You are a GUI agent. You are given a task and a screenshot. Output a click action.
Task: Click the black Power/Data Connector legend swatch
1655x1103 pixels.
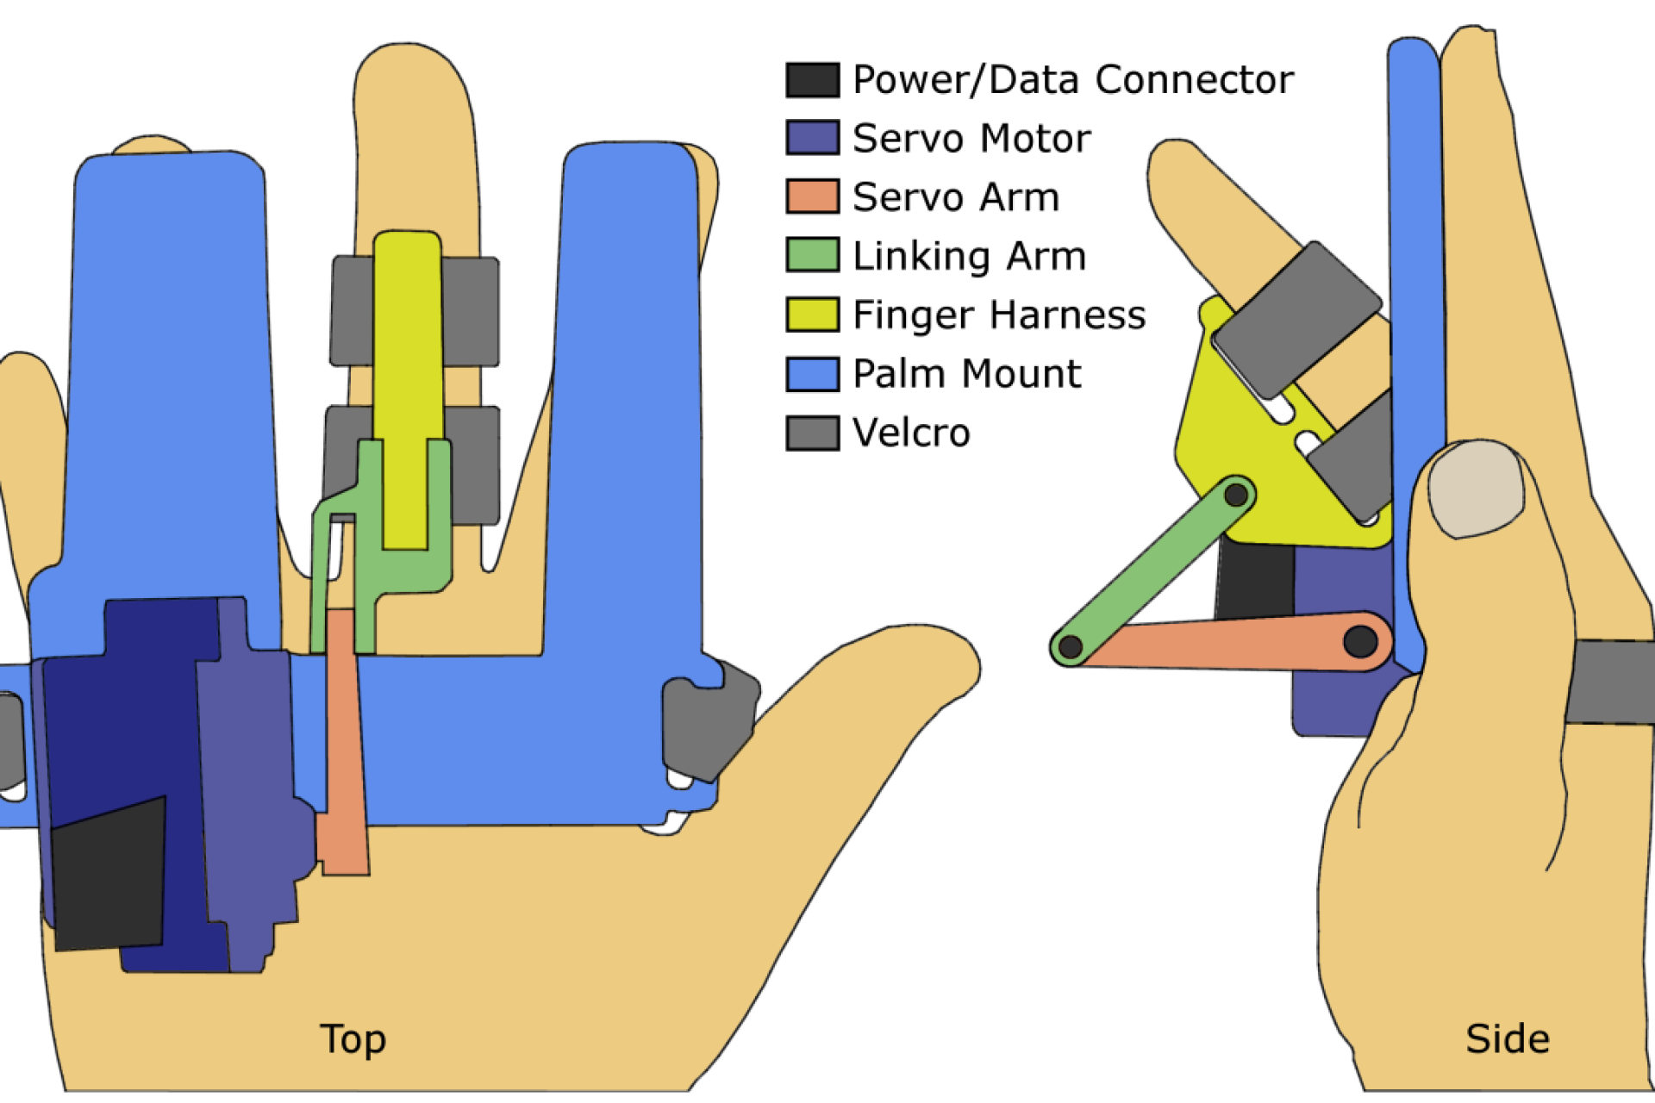(812, 80)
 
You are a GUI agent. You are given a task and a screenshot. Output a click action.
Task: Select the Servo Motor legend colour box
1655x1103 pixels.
(812, 138)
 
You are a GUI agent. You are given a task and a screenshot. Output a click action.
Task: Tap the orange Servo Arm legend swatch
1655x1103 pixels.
(812, 196)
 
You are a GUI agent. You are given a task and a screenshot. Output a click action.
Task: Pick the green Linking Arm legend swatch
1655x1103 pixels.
(812, 255)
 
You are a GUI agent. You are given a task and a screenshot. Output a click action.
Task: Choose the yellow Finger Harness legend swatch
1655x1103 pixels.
(812, 315)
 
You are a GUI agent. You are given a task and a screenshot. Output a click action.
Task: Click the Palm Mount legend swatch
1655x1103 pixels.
(812, 374)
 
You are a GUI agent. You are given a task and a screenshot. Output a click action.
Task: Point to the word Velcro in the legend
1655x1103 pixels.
(911, 433)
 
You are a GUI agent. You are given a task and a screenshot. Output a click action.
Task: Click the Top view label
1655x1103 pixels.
(353, 1039)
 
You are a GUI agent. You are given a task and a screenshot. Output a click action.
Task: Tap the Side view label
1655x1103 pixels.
(1508, 1039)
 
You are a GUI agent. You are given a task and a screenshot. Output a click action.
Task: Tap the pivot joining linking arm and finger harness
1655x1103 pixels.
(1236, 495)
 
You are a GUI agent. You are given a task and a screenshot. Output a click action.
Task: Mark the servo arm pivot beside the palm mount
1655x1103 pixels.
(1360, 641)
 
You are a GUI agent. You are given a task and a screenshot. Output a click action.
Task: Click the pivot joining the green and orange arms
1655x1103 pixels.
(1071, 646)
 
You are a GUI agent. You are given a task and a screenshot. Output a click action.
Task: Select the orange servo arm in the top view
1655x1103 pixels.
(345, 741)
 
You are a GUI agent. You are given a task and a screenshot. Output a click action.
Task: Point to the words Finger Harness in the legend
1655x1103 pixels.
(999, 315)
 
